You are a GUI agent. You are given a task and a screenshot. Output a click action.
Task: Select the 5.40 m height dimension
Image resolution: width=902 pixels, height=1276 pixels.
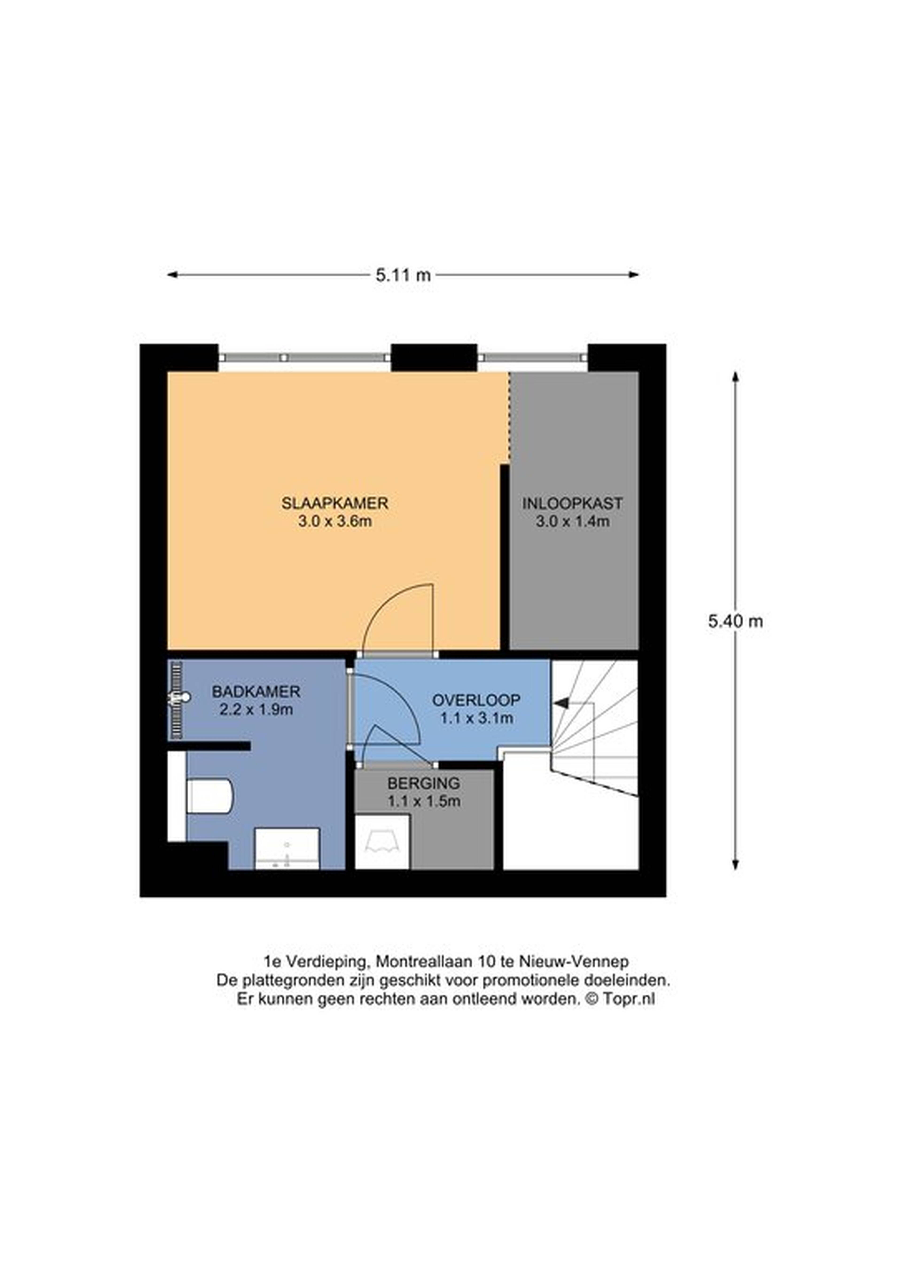coord(735,621)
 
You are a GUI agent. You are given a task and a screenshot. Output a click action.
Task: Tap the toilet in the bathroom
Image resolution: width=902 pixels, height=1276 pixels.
coord(209,796)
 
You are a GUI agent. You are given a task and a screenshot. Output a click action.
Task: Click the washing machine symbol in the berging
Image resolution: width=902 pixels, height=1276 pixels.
coord(382,842)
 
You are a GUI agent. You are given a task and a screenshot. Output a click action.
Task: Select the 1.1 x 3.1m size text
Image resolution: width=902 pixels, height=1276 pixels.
coord(476,718)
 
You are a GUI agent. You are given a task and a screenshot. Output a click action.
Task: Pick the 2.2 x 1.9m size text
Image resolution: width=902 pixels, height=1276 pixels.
coord(256,710)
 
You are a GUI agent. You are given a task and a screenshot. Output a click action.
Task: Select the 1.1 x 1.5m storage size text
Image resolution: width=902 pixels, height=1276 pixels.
coord(424,801)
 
